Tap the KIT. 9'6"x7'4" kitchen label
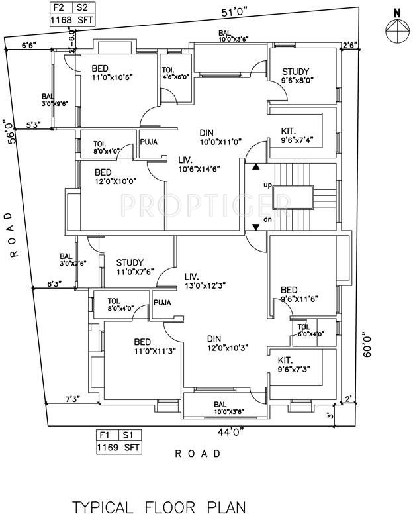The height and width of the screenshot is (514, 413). [295, 136]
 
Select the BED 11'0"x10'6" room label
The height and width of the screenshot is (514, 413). [112, 72]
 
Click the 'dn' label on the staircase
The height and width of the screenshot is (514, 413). [268, 219]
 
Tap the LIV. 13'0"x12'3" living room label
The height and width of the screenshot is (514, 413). [205, 280]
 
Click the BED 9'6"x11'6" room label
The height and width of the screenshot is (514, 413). [300, 295]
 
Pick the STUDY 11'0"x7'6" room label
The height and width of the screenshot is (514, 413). [135, 267]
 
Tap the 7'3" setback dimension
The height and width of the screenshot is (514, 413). [73, 399]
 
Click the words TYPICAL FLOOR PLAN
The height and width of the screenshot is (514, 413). [159, 507]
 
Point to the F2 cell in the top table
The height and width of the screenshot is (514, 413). [59, 7]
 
